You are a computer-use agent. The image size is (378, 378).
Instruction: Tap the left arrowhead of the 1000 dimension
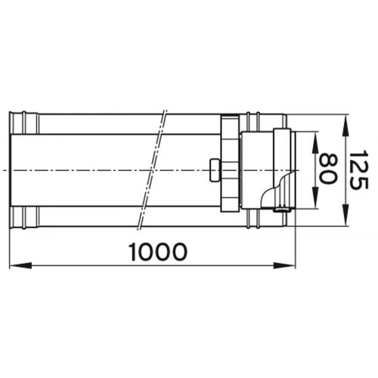[15, 265]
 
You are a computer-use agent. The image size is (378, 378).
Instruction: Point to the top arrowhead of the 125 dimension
[345, 119]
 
